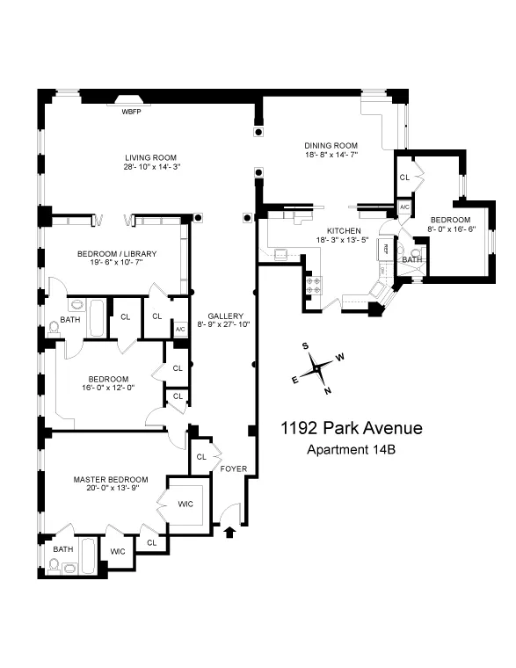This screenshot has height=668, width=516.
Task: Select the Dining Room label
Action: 328,146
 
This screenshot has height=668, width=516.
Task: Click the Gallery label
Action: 225,316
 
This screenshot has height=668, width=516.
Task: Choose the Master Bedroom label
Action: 110,480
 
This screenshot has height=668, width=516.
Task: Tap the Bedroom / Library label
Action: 117,254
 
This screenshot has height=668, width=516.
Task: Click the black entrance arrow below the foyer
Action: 231,530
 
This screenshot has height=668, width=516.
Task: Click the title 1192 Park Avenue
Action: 352,430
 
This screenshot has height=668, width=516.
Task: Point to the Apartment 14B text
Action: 351,451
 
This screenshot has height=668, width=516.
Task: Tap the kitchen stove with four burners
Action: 312,285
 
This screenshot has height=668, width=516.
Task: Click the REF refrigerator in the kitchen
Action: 385,250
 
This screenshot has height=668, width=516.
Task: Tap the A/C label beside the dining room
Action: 404,207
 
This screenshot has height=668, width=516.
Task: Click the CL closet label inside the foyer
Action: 201,457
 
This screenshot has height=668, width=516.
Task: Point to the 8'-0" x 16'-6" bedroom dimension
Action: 449,229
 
